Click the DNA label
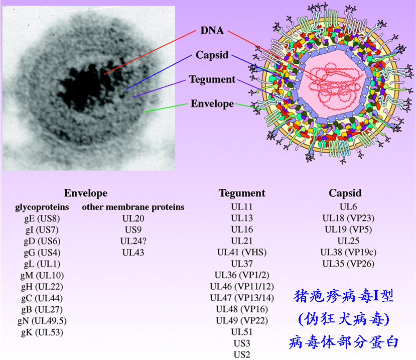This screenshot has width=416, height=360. pos(212,30)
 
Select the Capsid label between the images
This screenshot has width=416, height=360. pos(212,55)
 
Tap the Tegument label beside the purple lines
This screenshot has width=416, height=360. pos(212,79)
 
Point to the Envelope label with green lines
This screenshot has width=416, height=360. pos(212,104)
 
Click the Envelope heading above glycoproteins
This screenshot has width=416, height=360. pos(86,193)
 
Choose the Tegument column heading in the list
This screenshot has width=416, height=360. pos(242,193)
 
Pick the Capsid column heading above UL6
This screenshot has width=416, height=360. pos(345,193)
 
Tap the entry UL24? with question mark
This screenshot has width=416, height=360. pos(133,241)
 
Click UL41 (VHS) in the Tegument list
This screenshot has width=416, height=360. pos(242,252)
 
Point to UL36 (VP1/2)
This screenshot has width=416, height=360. pos(242,275)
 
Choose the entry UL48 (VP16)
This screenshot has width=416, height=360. pos(242,309)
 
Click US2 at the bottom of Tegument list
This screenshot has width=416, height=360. pos(242,354)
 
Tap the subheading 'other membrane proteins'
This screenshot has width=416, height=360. pos(133,207)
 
